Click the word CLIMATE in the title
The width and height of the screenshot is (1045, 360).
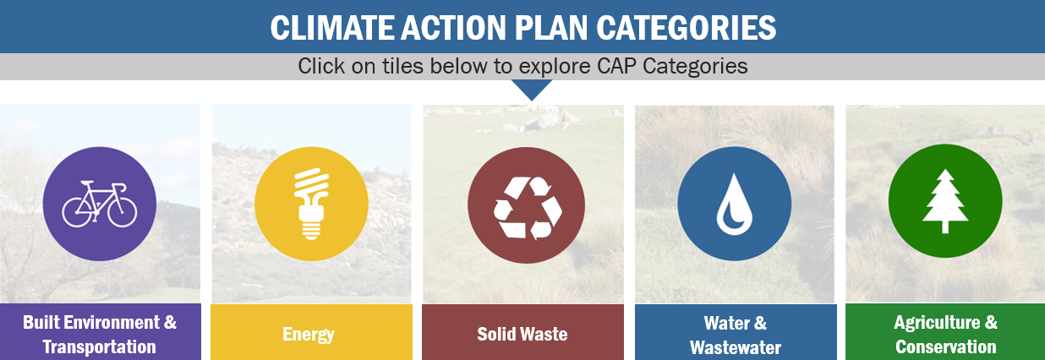coord(332,28)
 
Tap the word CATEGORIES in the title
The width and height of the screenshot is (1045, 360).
coord(687,28)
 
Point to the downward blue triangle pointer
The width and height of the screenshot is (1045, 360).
coord(531,88)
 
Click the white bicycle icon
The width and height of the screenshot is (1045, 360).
coord(100,204)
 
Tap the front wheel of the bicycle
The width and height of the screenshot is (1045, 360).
coord(123,211)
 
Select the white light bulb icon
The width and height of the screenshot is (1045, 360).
coord(312,204)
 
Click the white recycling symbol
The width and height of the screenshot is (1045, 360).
coord(528,208)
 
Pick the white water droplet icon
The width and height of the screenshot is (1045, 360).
coord(735,205)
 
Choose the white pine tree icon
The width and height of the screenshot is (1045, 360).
coord(945,201)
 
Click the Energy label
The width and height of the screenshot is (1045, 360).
coord(309,335)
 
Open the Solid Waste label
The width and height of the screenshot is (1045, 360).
coord(522,334)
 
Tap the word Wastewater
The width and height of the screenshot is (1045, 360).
coord(736,347)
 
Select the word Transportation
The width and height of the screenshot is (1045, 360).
coord(100,347)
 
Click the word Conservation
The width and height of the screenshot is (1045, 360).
coord(945,347)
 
